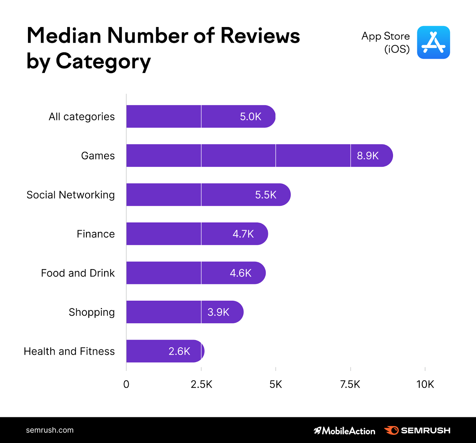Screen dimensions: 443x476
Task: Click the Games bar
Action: click(x=259, y=156)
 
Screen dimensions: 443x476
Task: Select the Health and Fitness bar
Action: click(x=165, y=351)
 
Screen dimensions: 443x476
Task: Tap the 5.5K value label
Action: click(x=266, y=195)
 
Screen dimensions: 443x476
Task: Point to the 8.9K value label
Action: click(x=368, y=156)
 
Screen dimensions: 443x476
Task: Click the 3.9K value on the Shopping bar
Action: click(x=218, y=312)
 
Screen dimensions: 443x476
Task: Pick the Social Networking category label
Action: click(x=71, y=195)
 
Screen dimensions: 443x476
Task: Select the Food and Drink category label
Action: click(x=78, y=273)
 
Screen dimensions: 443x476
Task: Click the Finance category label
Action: click(x=95, y=234)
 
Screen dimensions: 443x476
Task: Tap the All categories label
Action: click(x=82, y=117)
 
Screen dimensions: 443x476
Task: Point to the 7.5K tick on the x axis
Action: click(x=350, y=384)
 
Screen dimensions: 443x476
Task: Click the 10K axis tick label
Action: click(x=425, y=384)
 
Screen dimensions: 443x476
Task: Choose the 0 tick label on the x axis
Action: click(x=126, y=384)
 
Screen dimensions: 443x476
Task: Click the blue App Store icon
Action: click(x=433, y=43)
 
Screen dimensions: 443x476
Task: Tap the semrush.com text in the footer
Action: click(x=50, y=430)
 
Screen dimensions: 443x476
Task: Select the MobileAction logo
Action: click(x=345, y=431)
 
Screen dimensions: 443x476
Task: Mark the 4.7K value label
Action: click(x=243, y=234)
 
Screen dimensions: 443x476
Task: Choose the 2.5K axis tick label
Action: click(x=201, y=384)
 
